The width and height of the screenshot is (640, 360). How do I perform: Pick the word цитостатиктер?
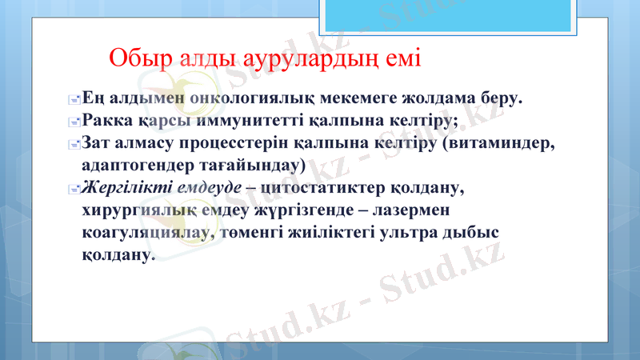point(322,189)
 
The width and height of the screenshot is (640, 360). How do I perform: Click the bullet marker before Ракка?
point(73,123)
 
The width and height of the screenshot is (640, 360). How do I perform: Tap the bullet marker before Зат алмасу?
point(73,146)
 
